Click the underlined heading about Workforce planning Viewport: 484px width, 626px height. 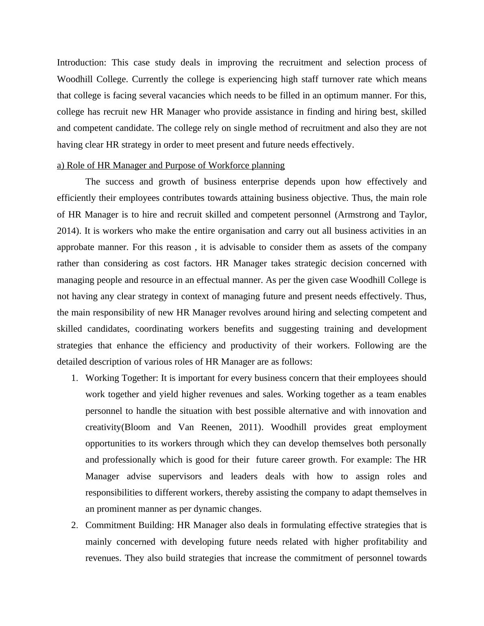[x=171, y=165]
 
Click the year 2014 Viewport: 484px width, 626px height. [x=67, y=231]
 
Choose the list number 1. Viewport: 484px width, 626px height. [x=74, y=378]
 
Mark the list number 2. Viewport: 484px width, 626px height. [x=74, y=525]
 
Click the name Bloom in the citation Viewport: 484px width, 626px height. [x=137, y=427]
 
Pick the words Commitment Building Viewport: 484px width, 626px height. [x=129, y=525]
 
